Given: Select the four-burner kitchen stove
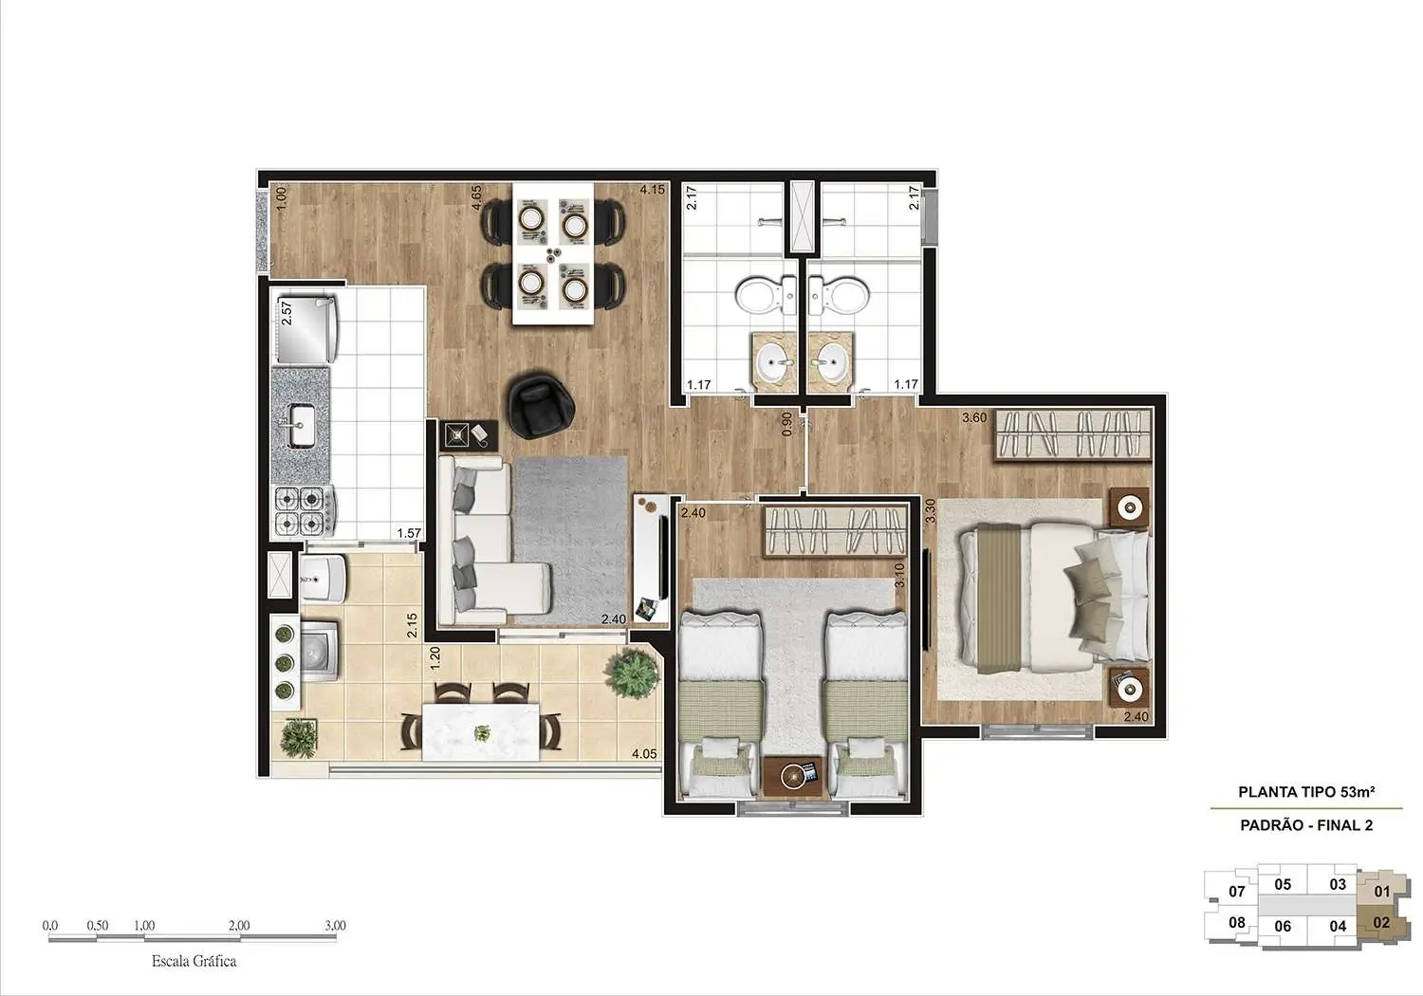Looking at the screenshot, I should pos(301,509).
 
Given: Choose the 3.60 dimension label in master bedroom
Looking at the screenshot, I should pos(974,416).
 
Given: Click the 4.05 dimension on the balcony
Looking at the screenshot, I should pos(644,754).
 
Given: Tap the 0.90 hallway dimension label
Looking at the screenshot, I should pos(786,424).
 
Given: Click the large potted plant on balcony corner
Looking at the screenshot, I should pos(632,673).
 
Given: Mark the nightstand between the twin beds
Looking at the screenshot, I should pos(792,774).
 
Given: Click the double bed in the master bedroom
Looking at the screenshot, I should pos(1053,595).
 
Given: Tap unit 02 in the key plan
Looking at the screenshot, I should pos(1381,921).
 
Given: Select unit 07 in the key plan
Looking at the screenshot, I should pos(1236,891).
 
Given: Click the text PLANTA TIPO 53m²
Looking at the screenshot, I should pos(1306,791).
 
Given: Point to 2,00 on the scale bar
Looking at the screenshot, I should pos(239,925).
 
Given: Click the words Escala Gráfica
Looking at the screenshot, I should pos(194,961).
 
